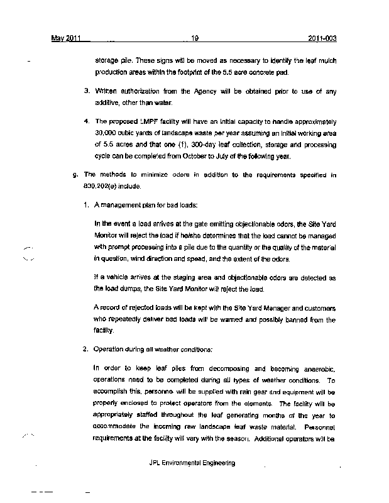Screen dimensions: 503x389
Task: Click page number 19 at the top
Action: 195,38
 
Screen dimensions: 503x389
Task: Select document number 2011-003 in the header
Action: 322,38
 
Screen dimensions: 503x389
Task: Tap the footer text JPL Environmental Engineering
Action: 193,463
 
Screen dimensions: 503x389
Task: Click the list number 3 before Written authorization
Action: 87,92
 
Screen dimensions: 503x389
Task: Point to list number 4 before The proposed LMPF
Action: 87,120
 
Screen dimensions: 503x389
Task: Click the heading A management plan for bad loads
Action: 145,206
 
